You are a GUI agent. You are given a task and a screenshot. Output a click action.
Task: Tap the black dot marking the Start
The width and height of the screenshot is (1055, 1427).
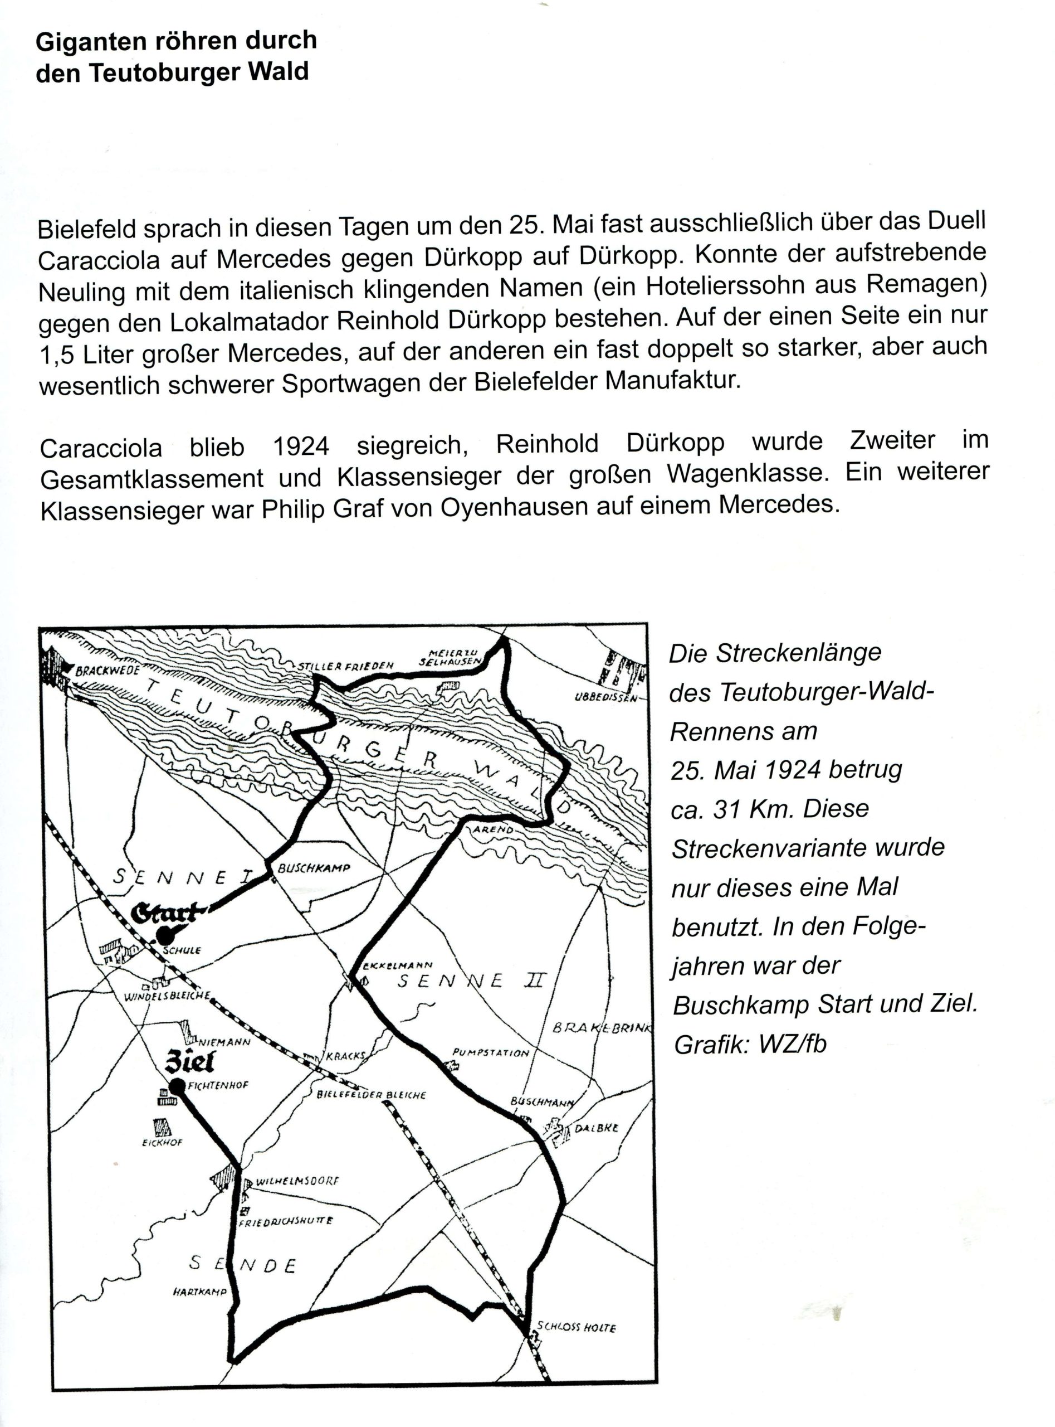click(x=165, y=935)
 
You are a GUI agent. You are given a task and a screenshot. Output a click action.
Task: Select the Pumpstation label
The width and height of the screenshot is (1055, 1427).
click(x=491, y=1052)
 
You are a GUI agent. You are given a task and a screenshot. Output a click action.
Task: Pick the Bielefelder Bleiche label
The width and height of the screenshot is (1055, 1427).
click(x=371, y=1095)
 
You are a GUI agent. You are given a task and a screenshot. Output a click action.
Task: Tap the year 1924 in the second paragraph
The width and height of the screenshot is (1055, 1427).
click(x=301, y=446)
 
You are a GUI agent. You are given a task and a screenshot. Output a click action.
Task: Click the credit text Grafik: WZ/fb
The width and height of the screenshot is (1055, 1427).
click(x=750, y=1044)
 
